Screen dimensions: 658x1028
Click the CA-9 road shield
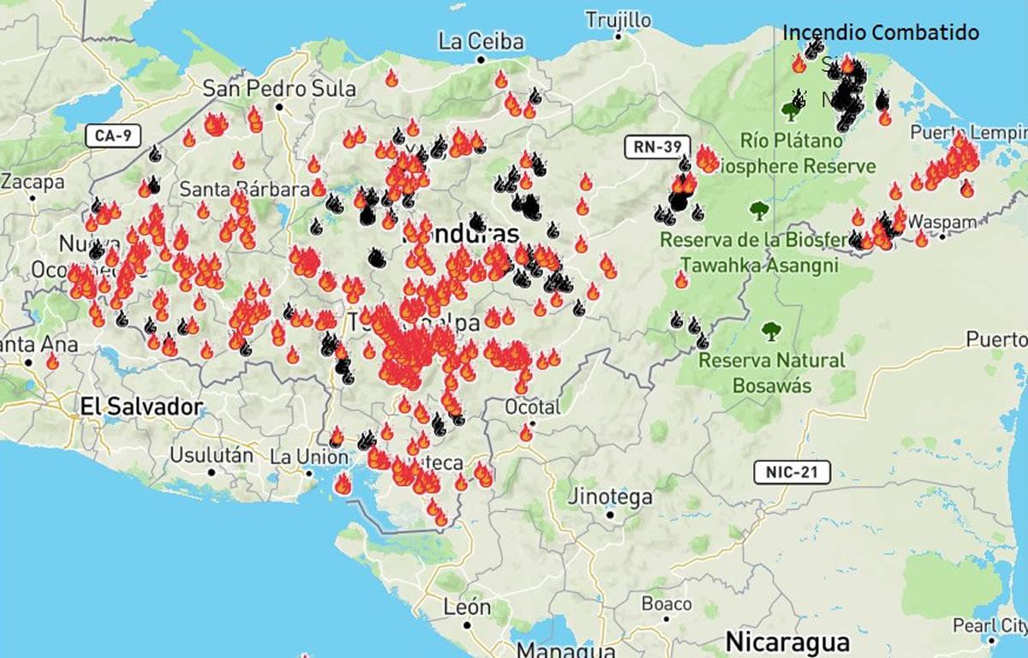click(x=113, y=135)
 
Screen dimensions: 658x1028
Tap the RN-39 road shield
click(x=658, y=146)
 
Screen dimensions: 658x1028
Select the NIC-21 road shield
click(x=792, y=471)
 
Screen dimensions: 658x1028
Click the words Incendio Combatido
click(x=881, y=33)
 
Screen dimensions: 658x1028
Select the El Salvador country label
click(x=141, y=406)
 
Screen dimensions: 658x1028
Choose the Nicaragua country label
click(x=787, y=642)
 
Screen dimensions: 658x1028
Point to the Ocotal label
click(x=532, y=406)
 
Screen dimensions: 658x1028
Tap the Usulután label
click(x=212, y=454)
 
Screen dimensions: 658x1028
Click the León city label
click(x=468, y=607)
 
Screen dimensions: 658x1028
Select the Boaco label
click(x=666, y=603)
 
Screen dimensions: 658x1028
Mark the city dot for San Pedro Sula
click(x=279, y=107)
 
